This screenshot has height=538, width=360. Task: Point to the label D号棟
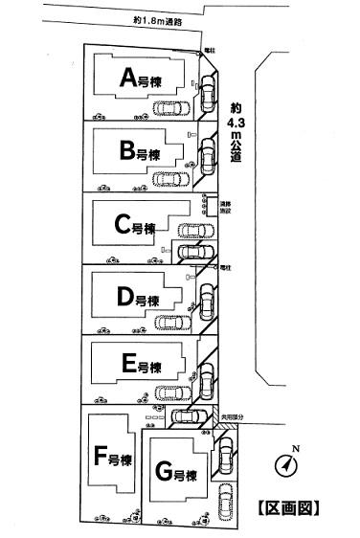(x=138, y=299)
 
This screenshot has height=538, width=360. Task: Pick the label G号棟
(x=175, y=472)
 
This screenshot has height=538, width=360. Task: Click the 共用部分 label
(x=234, y=417)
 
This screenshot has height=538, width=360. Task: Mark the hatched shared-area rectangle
(x=213, y=417)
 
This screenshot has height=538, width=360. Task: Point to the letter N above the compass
(x=295, y=449)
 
